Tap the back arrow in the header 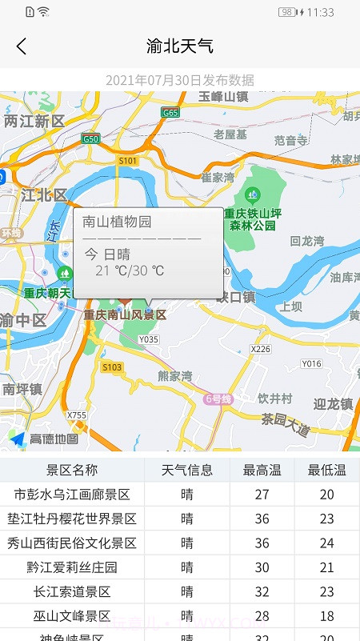[22, 46]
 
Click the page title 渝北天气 [180, 46]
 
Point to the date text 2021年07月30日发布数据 [180, 80]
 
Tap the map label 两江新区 [34, 121]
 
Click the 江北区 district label [44, 194]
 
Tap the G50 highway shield [90, 139]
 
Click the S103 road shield [112, 367]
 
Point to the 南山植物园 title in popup [117, 222]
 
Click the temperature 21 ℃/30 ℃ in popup [130, 270]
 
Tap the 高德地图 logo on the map [45, 439]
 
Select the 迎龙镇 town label [334, 404]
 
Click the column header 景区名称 [72, 470]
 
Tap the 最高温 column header [262, 470]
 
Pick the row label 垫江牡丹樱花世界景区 [72, 519]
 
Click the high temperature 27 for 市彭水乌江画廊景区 [262, 495]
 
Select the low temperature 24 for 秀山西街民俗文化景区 [326, 543]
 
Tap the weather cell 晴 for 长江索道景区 [187, 592]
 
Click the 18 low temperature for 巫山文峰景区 [326, 616]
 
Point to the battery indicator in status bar [287, 12]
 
